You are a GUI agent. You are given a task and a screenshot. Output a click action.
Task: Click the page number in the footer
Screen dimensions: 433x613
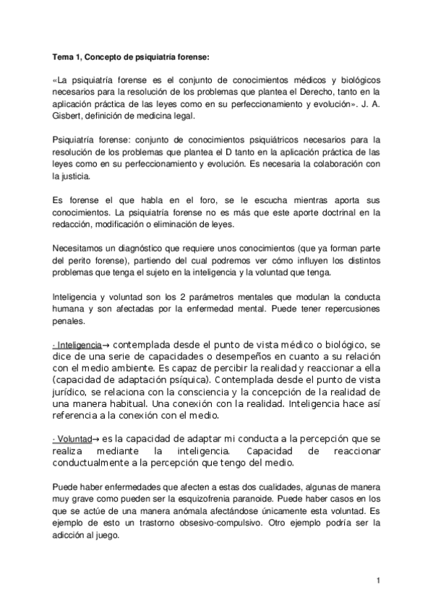[378, 580]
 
